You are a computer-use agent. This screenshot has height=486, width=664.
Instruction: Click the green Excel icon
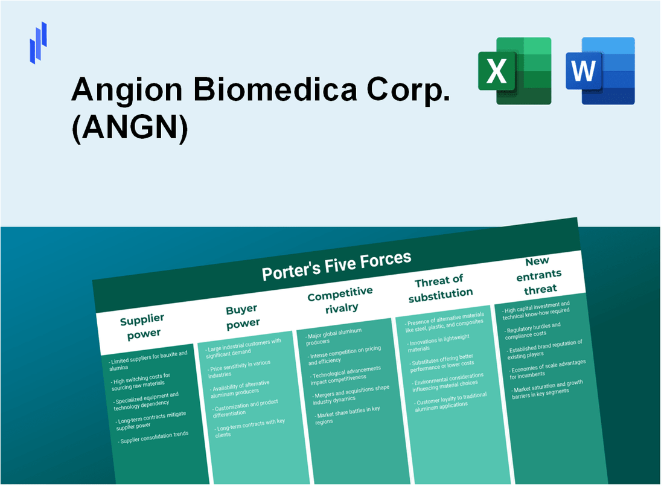514,71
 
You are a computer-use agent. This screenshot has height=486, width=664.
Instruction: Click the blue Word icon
600,71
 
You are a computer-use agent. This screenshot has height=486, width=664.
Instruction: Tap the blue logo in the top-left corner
38,42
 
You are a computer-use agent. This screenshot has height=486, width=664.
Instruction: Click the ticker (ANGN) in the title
129,128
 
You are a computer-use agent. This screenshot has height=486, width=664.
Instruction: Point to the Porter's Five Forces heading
336,266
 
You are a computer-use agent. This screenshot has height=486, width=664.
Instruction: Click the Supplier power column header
141,325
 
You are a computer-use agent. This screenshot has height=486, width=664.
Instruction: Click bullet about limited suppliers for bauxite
148,360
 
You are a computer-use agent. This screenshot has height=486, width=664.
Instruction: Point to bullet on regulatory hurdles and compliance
532,330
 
